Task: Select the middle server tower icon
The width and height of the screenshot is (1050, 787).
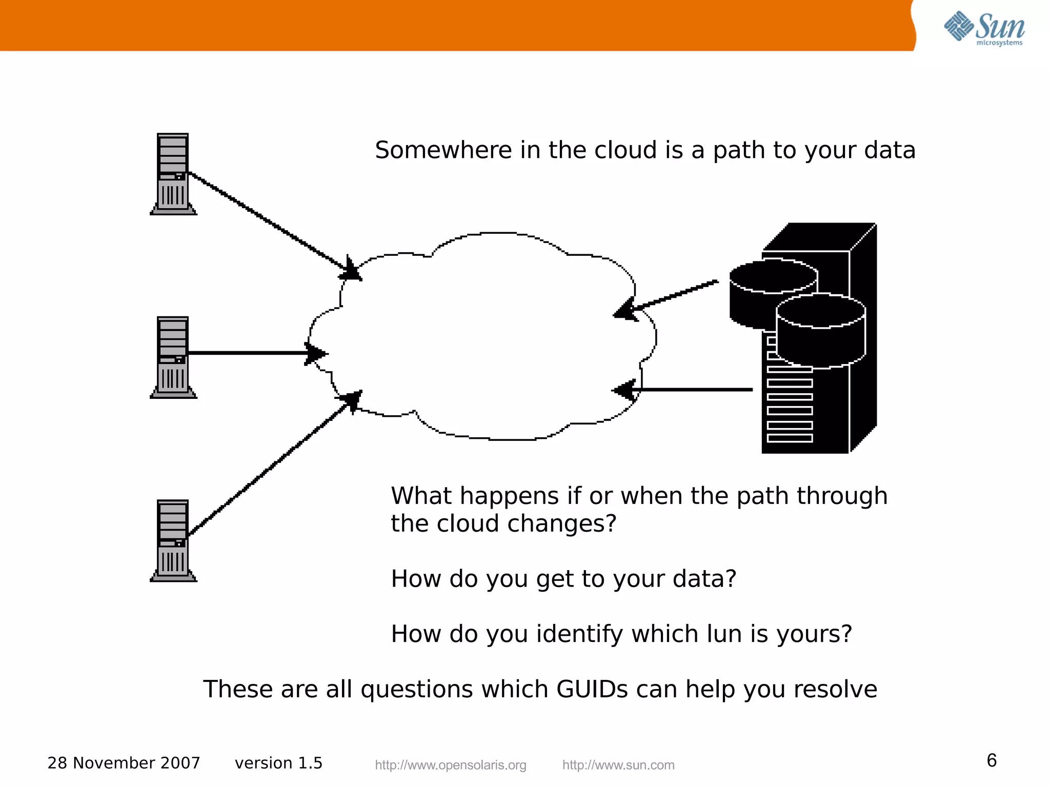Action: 173,357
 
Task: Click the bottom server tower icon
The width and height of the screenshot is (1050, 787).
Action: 173,540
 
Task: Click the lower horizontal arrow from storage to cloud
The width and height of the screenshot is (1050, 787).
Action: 682,390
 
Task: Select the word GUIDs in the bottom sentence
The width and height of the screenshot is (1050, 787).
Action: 592,689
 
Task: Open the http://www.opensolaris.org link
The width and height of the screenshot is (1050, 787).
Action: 450,765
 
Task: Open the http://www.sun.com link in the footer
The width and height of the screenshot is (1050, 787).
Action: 618,765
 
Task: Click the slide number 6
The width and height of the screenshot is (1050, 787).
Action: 992,760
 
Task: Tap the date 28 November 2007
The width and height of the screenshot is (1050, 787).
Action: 124,763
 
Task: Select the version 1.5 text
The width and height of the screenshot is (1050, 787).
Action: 278,763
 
